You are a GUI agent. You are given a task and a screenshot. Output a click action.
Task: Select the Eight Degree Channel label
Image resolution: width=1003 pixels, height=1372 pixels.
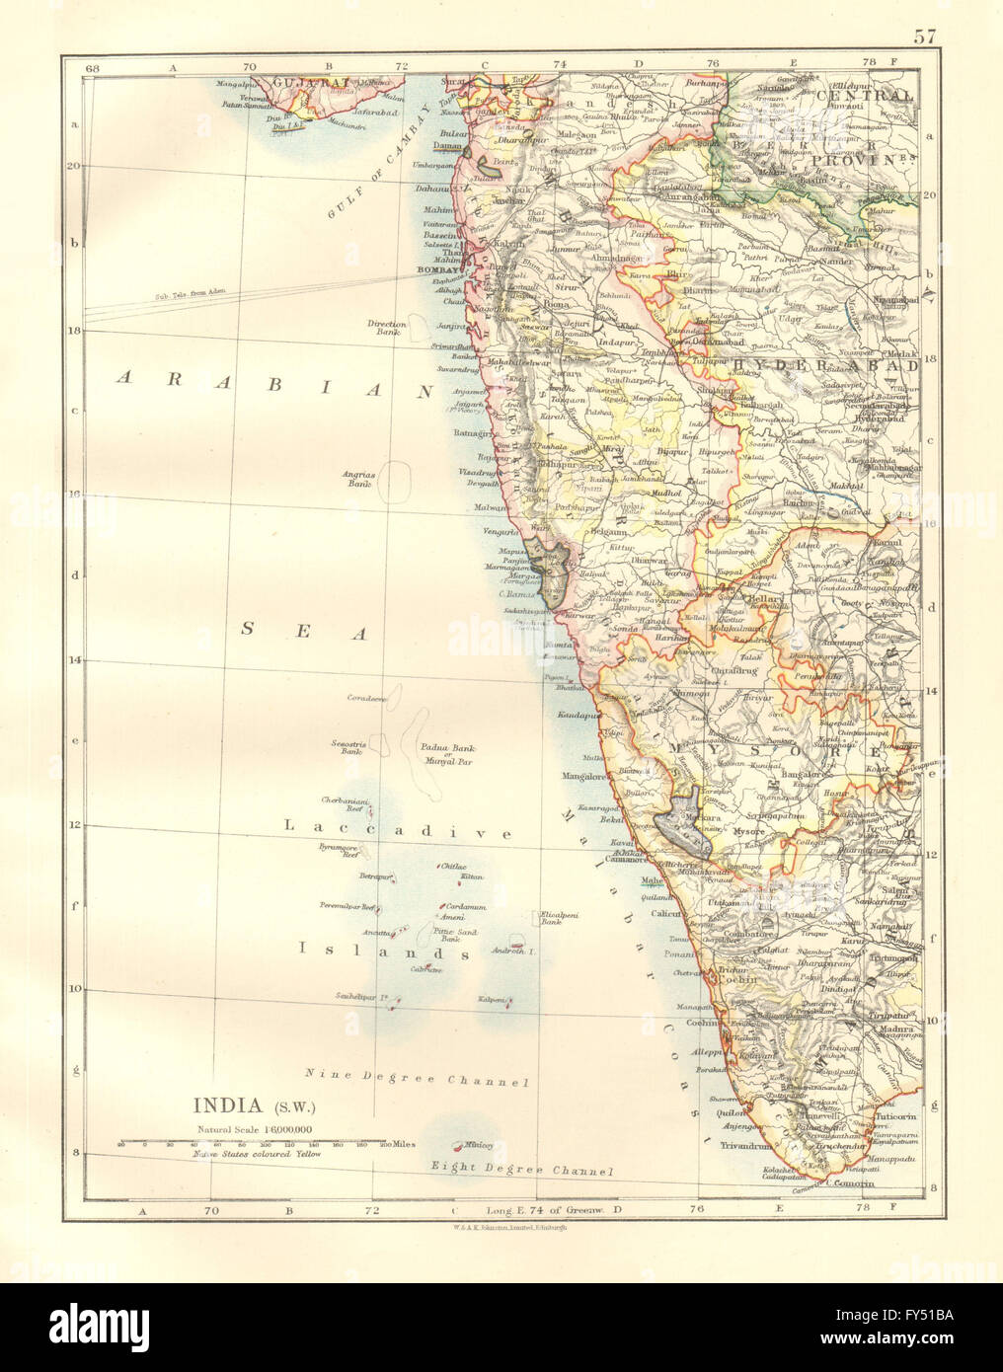[x=522, y=1171]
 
